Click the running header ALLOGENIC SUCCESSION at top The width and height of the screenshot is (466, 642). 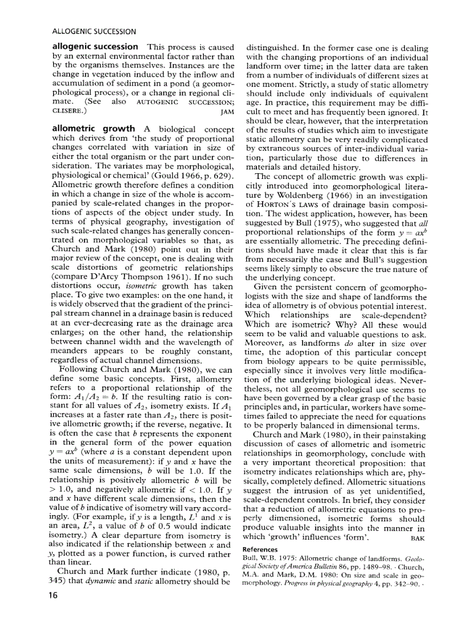[93, 31]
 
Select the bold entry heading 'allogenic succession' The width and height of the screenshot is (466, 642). [95, 46]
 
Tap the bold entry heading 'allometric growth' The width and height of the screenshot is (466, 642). [94, 129]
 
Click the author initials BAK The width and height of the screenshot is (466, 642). [418, 538]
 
